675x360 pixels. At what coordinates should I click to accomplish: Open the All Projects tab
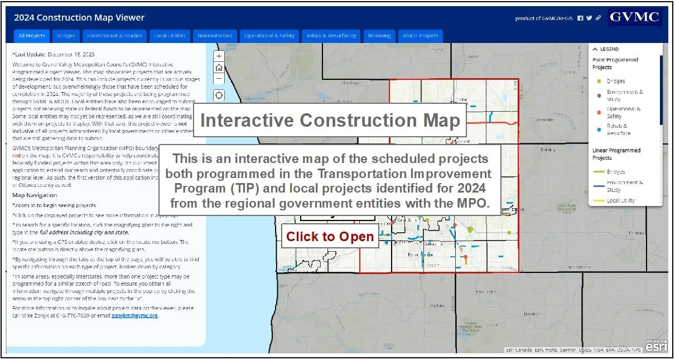[x=31, y=36]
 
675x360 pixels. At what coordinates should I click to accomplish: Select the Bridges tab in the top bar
[x=66, y=36]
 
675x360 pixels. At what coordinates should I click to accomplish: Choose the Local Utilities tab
[x=170, y=36]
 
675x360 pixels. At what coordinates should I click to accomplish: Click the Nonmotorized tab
[x=215, y=36]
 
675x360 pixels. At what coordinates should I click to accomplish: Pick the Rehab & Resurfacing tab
[x=331, y=36]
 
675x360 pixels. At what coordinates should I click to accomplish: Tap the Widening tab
[x=379, y=36]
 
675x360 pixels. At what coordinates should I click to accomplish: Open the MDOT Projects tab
[x=421, y=36]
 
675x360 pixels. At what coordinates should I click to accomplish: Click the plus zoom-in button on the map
[x=219, y=56]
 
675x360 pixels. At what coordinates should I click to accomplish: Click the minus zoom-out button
[x=219, y=79]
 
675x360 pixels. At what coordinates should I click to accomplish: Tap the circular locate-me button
[x=219, y=95]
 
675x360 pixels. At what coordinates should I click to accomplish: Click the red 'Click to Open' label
[x=330, y=237]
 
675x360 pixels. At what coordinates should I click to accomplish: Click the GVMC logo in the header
[x=634, y=17]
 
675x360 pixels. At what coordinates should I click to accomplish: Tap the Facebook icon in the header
[x=580, y=18]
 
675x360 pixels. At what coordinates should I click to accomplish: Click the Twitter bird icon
[x=589, y=18]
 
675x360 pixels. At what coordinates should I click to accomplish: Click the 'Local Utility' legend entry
[x=620, y=200]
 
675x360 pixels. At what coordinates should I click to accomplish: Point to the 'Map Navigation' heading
[x=35, y=195]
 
